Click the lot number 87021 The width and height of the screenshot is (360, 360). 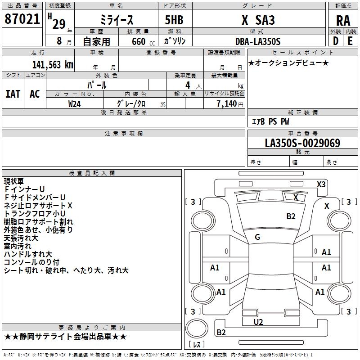click(x=22, y=19)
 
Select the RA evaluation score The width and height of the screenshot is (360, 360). click(x=343, y=20)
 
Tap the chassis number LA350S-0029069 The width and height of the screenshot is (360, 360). click(x=302, y=143)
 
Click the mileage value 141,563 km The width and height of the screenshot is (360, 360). click(x=53, y=64)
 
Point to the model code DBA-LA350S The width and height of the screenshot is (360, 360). click(x=257, y=41)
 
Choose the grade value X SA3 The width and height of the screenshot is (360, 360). click(x=258, y=20)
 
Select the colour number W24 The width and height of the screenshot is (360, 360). click(x=75, y=103)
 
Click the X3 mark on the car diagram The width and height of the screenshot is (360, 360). click(x=321, y=184)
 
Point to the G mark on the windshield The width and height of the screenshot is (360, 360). click(x=257, y=237)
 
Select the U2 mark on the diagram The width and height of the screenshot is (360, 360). click(x=258, y=322)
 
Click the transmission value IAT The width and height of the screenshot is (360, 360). click(x=13, y=94)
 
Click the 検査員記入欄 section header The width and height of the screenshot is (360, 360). click(x=92, y=173)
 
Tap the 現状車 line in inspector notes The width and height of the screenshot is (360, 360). click(x=14, y=181)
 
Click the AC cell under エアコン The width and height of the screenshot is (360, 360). click(x=35, y=94)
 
